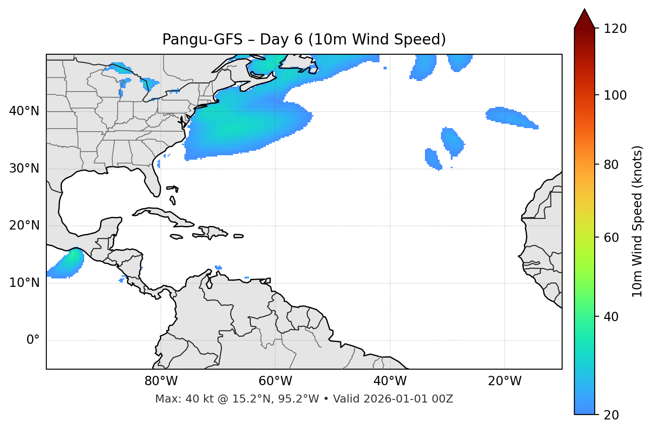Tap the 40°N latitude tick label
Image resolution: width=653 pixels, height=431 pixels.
tap(24, 111)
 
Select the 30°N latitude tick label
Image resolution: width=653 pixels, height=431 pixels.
tap(24, 169)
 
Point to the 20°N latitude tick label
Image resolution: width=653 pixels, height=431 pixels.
tap(24, 226)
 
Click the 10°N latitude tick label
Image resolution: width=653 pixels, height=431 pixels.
tap(24, 283)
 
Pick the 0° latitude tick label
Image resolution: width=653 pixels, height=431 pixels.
tap(33, 340)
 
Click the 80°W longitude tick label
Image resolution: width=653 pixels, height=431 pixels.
tap(161, 381)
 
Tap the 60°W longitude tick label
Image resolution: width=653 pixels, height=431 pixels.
tap(275, 381)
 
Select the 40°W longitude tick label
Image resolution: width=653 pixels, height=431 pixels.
tap(390, 381)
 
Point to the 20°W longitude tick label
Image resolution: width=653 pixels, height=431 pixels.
tap(505, 381)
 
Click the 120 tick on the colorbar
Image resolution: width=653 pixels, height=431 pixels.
tap(615, 28)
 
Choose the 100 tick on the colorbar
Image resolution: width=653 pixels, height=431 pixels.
tap(615, 95)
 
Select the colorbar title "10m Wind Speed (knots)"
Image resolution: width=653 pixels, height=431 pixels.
tap(637, 221)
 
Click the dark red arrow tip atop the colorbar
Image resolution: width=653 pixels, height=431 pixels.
tap(584, 13)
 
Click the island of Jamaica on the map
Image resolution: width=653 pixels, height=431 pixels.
tap(176, 237)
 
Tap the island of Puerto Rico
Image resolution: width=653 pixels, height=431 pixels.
tap(239, 236)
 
